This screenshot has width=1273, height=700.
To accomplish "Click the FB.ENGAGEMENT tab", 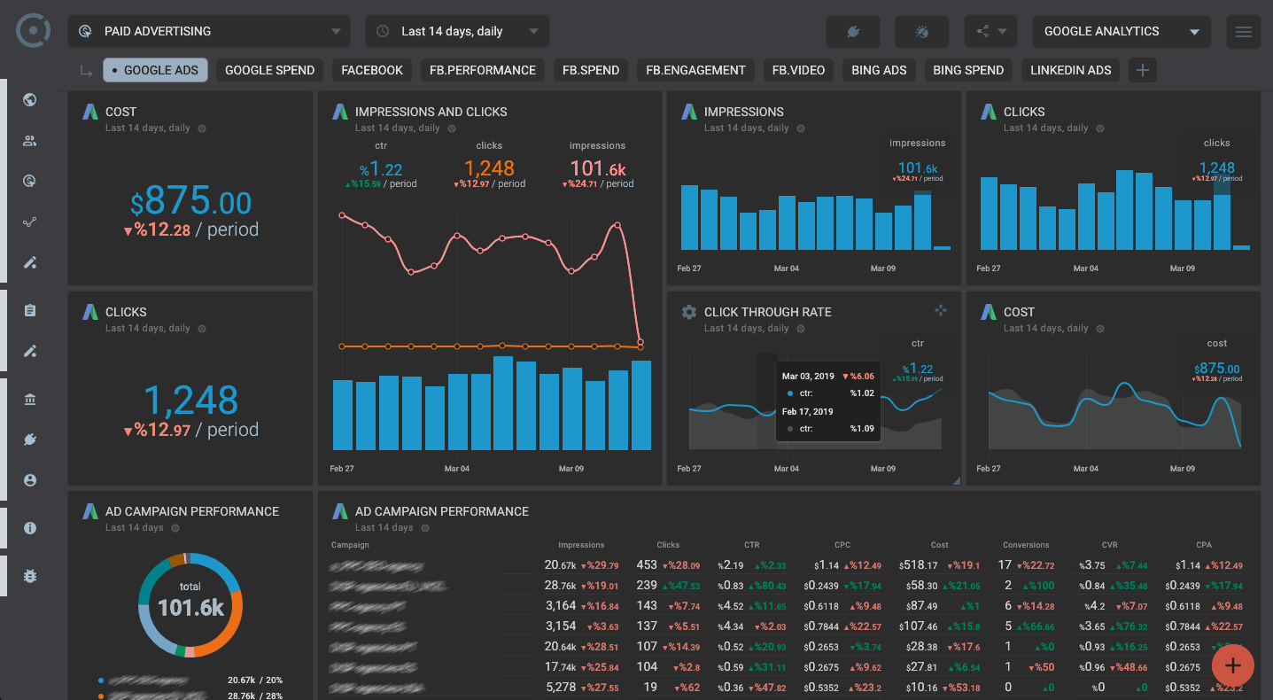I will point(695,70).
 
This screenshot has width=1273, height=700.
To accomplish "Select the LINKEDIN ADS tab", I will point(1070,70).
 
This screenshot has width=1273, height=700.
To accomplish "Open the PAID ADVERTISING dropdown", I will point(209,31).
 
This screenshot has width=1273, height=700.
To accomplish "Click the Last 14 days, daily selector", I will point(457,31).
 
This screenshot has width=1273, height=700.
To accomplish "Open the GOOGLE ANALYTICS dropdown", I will point(1122,31).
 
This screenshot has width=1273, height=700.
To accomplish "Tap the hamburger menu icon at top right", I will point(1243,32).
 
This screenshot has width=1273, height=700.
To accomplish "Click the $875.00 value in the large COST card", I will point(190,203).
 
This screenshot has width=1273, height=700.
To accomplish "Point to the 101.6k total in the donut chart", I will point(190,607).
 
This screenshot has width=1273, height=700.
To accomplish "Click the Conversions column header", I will point(1026,545).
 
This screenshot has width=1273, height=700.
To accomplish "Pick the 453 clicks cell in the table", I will point(647,564).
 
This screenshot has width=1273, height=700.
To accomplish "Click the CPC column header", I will point(842,545).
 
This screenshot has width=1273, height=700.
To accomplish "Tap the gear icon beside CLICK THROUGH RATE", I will point(688,312).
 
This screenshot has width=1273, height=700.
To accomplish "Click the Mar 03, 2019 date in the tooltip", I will point(808,376).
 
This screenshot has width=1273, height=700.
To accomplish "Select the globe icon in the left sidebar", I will point(30,99).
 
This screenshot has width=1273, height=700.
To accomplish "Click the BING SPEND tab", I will point(967,70).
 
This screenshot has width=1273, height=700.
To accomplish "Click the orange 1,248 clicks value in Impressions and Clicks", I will point(489,167).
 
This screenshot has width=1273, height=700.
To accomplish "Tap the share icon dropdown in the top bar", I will point(990,32).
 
